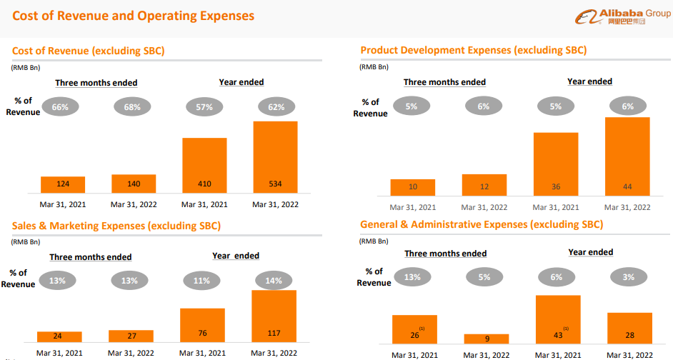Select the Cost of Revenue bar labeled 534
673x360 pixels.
pos(275,157)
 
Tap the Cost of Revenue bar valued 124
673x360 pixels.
pos(63,184)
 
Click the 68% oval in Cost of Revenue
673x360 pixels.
pos(134,107)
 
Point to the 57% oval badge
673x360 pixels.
pos(205,107)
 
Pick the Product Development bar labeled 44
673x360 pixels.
pos(627,156)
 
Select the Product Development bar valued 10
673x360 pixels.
pos(413,187)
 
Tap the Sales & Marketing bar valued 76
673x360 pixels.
pos(203,325)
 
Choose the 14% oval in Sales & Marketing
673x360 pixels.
pos(274,281)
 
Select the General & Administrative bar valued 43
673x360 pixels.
pos(558,319)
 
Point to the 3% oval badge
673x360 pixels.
pos(629,277)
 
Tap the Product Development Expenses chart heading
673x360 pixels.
pos(474,50)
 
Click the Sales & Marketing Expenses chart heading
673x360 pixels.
pos(116,226)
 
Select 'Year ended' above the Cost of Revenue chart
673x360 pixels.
pos(241,82)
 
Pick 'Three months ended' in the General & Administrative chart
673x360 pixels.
pos(446,254)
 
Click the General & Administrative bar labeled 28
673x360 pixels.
pos(629,328)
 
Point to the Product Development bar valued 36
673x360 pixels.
pos(556,164)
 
